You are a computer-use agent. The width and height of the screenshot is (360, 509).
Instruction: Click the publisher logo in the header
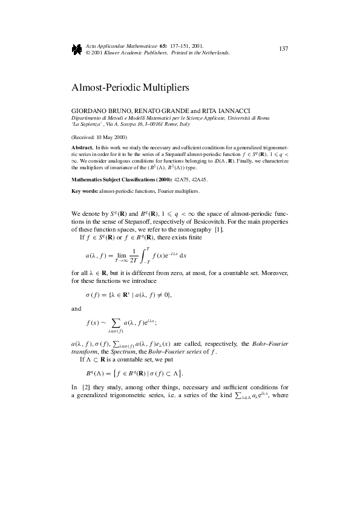click(x=77, y=49)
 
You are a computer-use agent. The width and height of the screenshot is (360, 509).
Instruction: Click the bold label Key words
click(x=85, y=192)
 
